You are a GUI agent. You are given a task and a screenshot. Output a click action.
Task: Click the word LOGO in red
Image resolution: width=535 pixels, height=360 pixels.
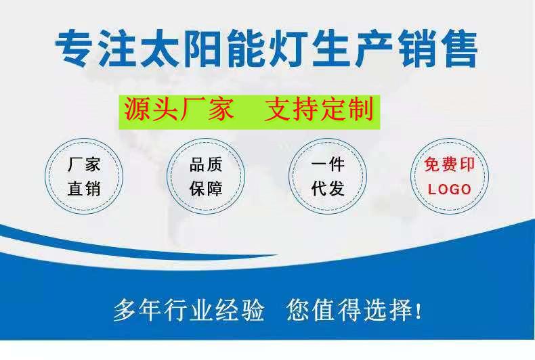pos(450,189)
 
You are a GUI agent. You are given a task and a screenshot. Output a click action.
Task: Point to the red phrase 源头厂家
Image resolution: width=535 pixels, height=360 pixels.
pos(179,109)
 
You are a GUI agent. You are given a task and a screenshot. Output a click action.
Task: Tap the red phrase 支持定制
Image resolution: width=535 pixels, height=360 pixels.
pos(319,109)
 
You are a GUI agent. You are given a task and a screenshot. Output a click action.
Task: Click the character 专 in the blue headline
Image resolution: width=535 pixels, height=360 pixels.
pos(74,49)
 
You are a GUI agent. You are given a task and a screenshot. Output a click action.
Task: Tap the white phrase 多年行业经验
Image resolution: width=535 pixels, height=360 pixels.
pos(189,310)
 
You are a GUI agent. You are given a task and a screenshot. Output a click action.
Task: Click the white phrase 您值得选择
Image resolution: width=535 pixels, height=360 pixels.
pos(349,310)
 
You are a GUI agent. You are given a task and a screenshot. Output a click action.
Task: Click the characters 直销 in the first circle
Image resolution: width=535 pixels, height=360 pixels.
pos(84,189)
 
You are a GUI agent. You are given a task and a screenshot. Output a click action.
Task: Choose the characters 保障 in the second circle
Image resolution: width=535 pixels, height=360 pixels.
pos(206,189)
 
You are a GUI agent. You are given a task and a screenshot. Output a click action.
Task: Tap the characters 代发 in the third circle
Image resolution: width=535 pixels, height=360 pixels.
pos(328,189)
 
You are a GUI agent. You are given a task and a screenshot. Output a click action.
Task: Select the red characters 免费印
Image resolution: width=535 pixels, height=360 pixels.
pos(450,164)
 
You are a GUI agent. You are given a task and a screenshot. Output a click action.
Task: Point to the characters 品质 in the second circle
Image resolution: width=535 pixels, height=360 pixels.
pos(206,164)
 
